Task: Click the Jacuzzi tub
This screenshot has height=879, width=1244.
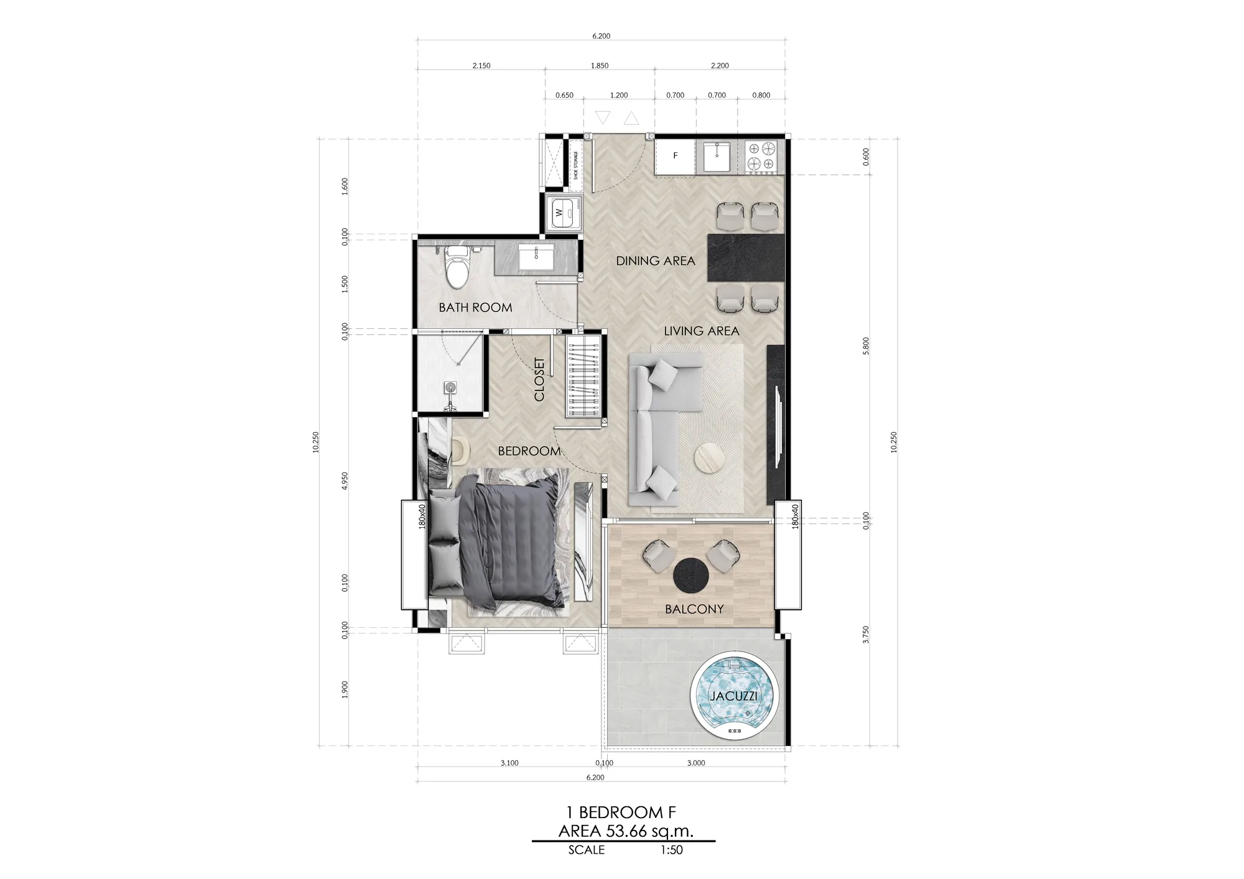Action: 734,696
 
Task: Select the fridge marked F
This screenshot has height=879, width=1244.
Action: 675,157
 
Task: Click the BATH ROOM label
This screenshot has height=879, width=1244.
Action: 475,307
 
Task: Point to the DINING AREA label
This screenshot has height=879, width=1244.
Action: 656,261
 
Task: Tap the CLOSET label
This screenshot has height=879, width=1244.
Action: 539,379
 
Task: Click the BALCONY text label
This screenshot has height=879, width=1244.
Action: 694,609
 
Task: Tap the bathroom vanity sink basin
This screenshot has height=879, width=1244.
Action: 537,257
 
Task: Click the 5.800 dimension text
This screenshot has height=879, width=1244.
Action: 866,346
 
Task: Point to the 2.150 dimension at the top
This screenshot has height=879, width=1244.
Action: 481,65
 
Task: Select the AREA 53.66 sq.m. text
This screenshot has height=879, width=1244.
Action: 626,831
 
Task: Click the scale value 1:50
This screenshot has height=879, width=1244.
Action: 672,850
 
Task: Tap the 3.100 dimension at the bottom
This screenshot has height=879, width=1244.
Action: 509,763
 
